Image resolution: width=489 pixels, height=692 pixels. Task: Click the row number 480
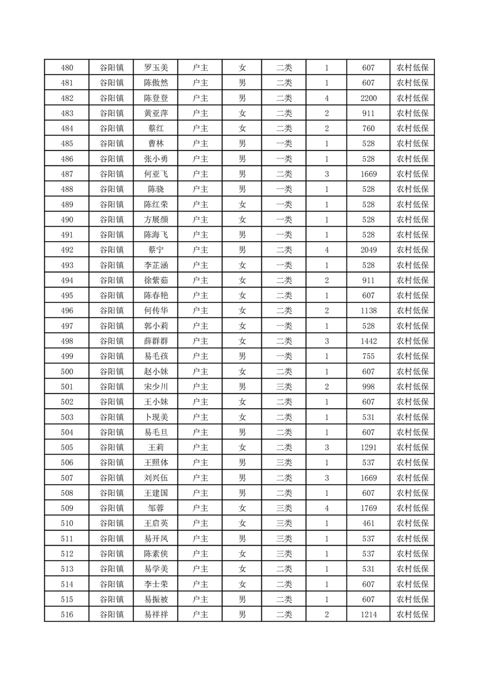tap(67, 68)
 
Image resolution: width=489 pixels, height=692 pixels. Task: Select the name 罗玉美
tap(155, 68)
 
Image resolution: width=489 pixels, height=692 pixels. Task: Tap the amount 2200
tap(369, 98)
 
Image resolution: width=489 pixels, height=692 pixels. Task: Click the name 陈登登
tap(155, 98)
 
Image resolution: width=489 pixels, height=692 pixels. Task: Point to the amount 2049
tap(369, 250)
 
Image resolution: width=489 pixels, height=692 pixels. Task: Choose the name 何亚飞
tap(155, 174)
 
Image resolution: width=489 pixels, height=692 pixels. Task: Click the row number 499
tap(67, 356)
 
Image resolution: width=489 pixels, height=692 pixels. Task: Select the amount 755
tap(369, 356)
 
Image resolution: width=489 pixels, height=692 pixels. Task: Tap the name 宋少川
tap(155, 387)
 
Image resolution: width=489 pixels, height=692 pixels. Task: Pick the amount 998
tap(369, 387)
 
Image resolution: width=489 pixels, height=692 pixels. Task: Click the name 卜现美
tap(155, 417)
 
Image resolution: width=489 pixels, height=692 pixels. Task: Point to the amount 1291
tap(369, 447)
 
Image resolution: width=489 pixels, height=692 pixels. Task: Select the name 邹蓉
tap(155, 508)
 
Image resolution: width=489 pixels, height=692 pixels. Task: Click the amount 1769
tap(369, 508)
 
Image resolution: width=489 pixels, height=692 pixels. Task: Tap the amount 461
tap(369, 523)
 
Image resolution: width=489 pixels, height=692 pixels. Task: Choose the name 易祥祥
tap(155, 614)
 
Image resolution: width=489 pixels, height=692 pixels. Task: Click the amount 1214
tap(369, 614)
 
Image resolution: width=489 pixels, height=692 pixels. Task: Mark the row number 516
tap(67, 614)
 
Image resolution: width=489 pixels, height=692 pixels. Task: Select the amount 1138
tap(369, 311)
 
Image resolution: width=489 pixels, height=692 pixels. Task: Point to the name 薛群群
tap(155, 341)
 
